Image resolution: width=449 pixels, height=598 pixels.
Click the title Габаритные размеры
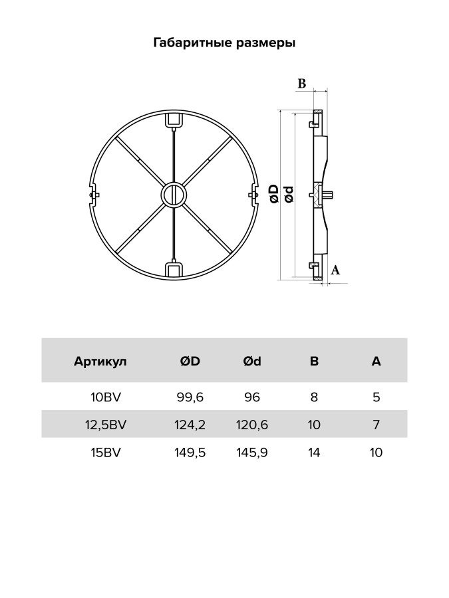pyautogui.click(x=224, y=43)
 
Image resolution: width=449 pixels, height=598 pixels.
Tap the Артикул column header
pyautogui.click(x=100, y=361)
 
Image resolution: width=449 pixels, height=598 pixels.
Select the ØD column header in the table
pyautogui.click(x=190, y=361)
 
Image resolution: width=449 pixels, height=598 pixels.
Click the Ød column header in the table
pyautogui.click(x=252, y=361)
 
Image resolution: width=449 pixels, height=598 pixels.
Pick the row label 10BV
pyautogui.click(x=106, y=398)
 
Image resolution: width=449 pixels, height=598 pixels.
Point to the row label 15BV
pyautogui.click(x=106, y=452)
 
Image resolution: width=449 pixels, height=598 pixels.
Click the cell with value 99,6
pyautogui.click(x=190, y=398)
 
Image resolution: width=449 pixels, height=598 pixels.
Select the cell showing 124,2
pyautogui.click(x=190, y=425)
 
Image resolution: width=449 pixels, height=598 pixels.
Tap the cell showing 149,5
pyautogui.click(x=190, y=452)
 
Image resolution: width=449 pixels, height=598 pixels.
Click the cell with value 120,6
pyautogui.click(x=252, y=425)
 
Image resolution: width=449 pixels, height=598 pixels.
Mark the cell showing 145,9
pyautogui.click(x=252, y=452)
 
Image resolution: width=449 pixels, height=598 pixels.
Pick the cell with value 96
pyautogui.click(x=252, y=398)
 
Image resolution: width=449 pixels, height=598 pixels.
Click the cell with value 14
pyautogui.click(x=314, y=452)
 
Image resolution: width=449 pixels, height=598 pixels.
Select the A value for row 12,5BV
pyautogui.click(x=376, y=425)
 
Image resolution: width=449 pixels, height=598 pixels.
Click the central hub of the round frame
pyautogui.click(x=173, y=195)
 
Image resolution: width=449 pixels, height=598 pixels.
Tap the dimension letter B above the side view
pyautogui.click(x=301, y=84)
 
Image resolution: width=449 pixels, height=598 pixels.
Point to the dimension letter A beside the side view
pyautogui.click(x=335, y=270)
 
